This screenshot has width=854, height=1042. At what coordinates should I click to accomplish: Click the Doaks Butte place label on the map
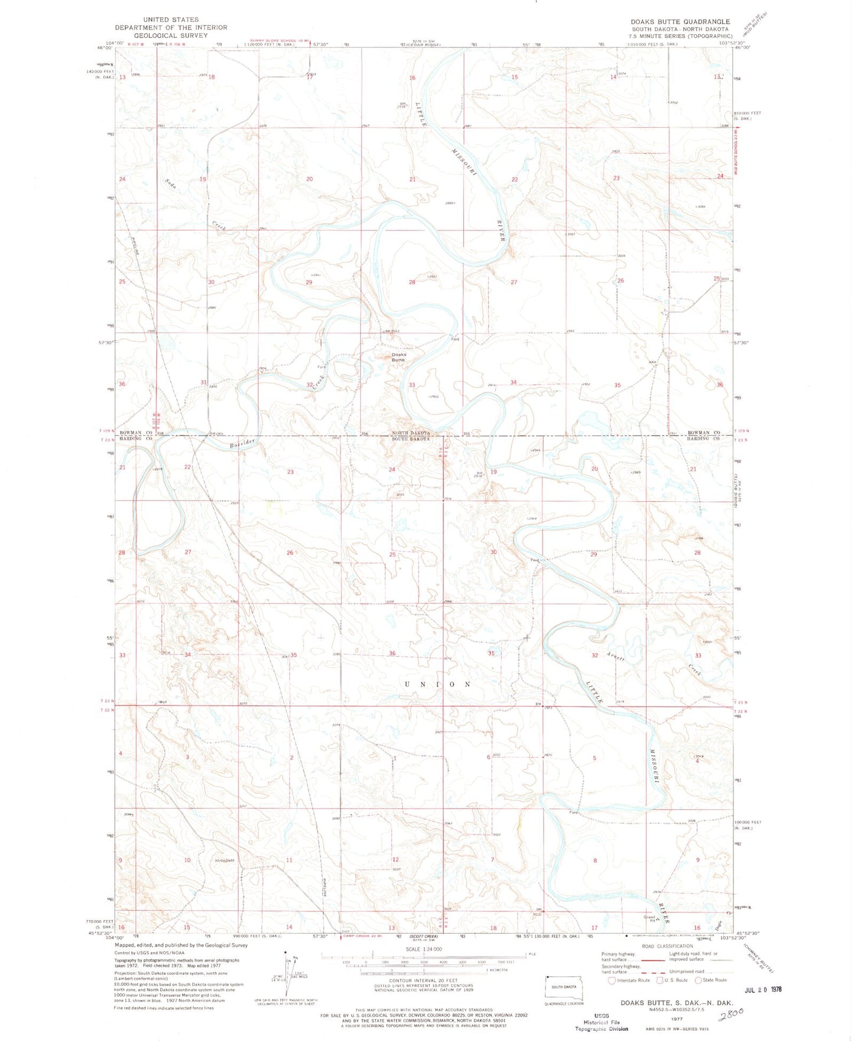(x=398, y=357)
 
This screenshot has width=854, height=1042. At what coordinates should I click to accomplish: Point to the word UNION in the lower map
(x=437, y=684)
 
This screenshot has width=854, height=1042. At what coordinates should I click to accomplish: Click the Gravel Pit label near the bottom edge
(x=650, y=918)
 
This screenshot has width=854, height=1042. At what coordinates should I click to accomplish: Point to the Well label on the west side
(x=163, y=702)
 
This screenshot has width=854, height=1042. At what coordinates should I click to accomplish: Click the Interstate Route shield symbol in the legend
(x=612, y=980)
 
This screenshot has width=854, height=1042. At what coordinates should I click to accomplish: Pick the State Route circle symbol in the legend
(x=698, y=980)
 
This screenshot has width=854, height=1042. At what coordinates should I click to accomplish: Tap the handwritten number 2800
(x=729, y=1014)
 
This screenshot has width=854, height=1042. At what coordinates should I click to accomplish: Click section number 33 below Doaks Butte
(x=412, y=385)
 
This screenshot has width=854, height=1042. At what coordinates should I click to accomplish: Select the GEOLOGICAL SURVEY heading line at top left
(x=171, y=35)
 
